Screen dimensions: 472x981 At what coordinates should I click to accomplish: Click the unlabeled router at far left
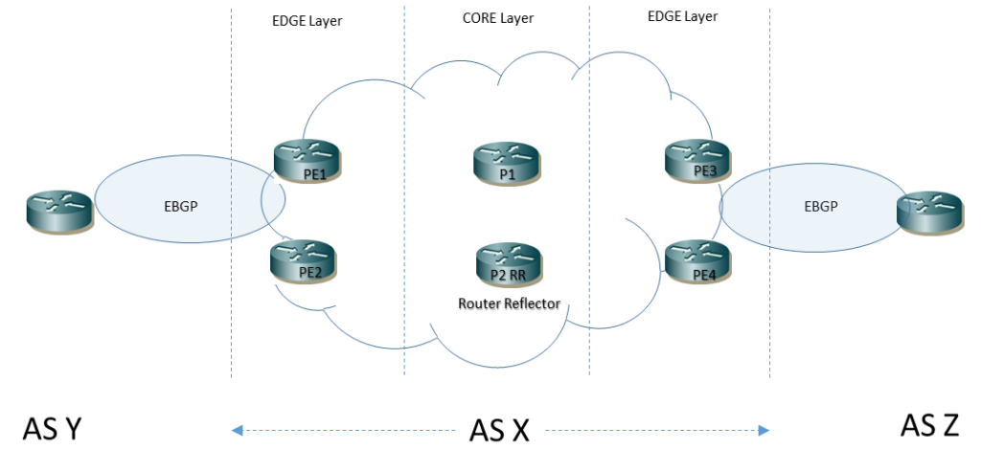[x=59, y=212]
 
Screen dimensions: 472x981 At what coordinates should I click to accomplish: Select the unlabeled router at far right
[x=930, y=213]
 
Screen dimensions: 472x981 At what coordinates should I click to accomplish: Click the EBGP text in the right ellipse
[x=821, y=206]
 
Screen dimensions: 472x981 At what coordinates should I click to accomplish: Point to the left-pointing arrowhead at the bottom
[x=236, y=431]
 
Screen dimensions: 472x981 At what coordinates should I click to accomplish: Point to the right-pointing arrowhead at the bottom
[x=765, y=431]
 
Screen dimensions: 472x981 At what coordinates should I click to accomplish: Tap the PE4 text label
[x=704, y=276]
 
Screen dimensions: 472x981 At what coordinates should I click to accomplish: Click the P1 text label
[x=507, y=175]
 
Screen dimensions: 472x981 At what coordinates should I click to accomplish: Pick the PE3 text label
[x=705, y=172]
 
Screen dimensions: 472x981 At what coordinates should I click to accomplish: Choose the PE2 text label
[x=310, y=272]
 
